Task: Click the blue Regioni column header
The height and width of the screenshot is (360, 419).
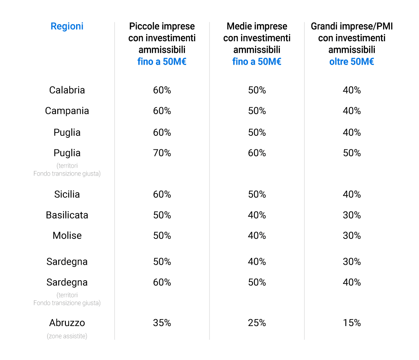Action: pyautogui.click(x=67, y=27)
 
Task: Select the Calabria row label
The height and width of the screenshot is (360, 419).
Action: pyautogui.click(x=67, y=90)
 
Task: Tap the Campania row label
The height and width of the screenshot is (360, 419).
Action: pyautogui.click(x=67, y=111)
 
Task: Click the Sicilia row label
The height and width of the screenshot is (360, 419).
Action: pyautogui.click(x=67, y=194)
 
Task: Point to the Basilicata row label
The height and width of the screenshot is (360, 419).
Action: pyautogui.click(x=67, y=215)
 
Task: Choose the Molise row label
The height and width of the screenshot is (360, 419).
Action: pyautogui.click(x=67, y=236)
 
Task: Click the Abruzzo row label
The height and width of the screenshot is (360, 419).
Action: pyautogui.click(x=67, y=323)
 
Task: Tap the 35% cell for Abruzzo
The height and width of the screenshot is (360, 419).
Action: pyautogui.click(x=162, y=323)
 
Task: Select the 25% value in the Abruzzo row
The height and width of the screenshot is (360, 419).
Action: pyautogui.click(x=257, y=323)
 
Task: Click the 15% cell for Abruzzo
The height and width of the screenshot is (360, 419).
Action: pyautogui.click(x=352, y=323)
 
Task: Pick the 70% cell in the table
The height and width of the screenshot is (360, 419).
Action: pyautogui.click(x=162, y=153)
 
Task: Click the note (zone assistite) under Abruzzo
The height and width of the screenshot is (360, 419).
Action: pyautogui.click(x=67, y=336)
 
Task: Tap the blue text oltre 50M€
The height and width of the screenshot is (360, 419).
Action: pyautogui.click(x=352, y=62)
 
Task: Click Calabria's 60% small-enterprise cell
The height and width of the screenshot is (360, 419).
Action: pyautogui.click(x=162, y=90)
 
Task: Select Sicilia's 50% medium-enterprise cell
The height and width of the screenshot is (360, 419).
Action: pyautogui.click(x=257, y=194)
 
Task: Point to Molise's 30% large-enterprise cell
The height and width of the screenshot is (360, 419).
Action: pyautogui.click(x=352, y=236)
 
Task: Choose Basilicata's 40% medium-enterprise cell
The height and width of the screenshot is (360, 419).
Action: pyautogui.click(x=257, y=215)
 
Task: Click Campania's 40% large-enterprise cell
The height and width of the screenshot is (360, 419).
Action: pyautogui.click(x=352, y=111)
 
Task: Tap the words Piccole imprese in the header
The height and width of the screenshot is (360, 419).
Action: pyautogui.click(x=162, y=27)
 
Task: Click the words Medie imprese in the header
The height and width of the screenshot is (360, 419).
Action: pyautogui.click(x=257, y=27)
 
